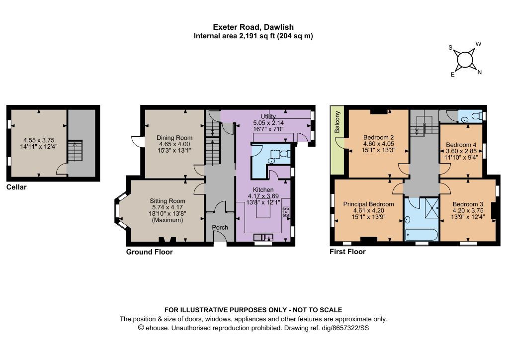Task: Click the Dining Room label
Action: (x=174, y=138)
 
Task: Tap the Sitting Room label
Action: (x=168, y=201)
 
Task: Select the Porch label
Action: (x=220, y=227)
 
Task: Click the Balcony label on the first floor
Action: (x=338, y=122)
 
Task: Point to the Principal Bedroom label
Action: (x=368, y=204)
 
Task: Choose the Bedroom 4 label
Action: (x=461, y=145)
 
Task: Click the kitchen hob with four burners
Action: (x=286, y=212)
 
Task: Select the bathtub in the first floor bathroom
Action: (x=422, y=235)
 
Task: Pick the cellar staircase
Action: (x=75, y=151)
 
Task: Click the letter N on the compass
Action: (x=480, y=72)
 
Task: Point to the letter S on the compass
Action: (x=450, y=48)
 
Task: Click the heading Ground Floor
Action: (x=149, y=252)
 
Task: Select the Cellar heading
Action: (x=16, y=187)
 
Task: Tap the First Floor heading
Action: (x=347, y=252)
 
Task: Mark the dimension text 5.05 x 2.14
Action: (x=268, y=123)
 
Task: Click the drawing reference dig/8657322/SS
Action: (x=345, y=328)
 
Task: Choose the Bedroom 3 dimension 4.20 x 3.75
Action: (x=468, y=210)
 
